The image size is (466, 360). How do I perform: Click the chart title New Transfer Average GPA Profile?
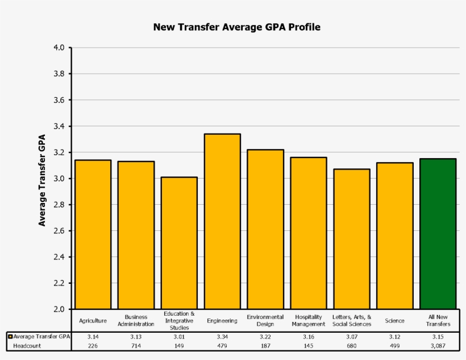pos(236,27)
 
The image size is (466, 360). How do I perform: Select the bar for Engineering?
pos(222,222)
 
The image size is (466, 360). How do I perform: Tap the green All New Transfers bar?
pos(438,234)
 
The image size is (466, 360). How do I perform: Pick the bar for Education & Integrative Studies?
pos(179,243)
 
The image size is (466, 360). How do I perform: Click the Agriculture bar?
pos(93,234)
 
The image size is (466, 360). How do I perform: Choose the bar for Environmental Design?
pos(265,229)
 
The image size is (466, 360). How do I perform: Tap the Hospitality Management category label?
pos(309,320)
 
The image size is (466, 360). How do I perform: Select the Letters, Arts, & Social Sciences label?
pos(352,320)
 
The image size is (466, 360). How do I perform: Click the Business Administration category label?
pos(136,320)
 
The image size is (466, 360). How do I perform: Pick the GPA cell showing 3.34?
pos(222,337)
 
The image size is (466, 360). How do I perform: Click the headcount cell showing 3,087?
pos(438,345)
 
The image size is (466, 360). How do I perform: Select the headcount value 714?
pos(136,345)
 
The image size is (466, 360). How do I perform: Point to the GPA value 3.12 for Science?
pos(394,337)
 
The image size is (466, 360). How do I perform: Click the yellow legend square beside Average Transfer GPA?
pos(10,337)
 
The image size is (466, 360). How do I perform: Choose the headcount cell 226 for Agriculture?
pos(93,345)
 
